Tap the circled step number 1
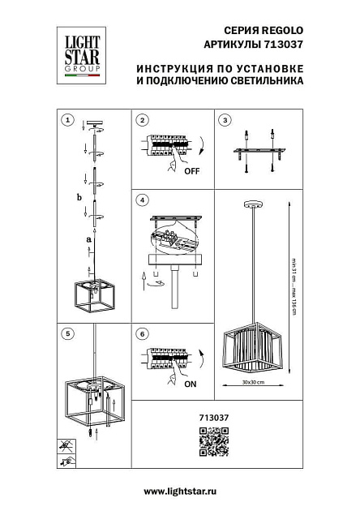click(x=67, y=121)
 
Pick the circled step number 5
click(x=67, y=333)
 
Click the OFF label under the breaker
click(x=191, y=172)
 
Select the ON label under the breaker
click(x=191, y=386)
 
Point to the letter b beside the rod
click(x=79, y=197)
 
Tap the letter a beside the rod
click(x=87, y=239)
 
